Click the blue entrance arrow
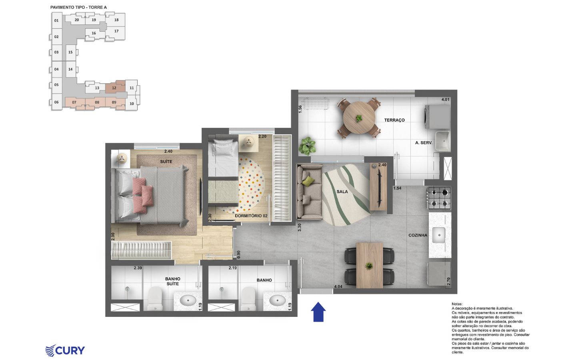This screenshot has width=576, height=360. point(318,312)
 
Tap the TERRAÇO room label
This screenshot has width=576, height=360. point(394,120)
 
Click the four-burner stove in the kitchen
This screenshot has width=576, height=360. point(439,198)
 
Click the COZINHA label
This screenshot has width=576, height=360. point(418,235)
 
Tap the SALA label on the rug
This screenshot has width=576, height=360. point(342,192)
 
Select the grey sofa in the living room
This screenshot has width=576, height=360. point(309,192)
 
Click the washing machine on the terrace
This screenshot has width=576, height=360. point(437,117)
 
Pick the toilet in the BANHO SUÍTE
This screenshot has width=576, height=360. point(155,299)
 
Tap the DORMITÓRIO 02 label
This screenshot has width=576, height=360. point(251,216)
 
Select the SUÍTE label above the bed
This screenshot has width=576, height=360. point(166,162)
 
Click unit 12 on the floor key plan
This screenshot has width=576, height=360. point(114,88)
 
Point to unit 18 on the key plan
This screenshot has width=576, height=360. point(116,20)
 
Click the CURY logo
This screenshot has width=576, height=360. point(65,350)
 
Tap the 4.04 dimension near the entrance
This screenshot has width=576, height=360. point(338,286)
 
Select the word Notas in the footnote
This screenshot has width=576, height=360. point(457,304)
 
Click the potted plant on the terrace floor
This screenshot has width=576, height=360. point(307,146)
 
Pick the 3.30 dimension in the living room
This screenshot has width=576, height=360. point(299,227)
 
